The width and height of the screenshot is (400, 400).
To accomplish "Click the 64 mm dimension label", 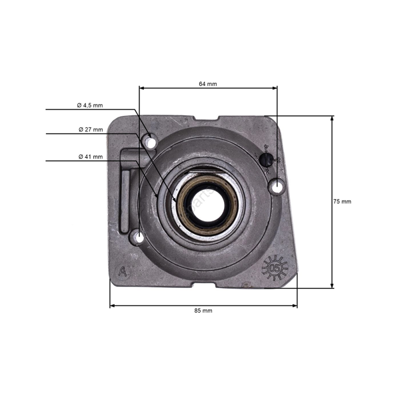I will (x=207, y=85).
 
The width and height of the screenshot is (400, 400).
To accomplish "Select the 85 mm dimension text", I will (x=203, y=311).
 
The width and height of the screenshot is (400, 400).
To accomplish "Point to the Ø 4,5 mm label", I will (x=89, y=105).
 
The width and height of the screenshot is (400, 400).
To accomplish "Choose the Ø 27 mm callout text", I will (x=90, y=129).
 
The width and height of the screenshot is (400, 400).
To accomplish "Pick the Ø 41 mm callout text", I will (x=90, y=157).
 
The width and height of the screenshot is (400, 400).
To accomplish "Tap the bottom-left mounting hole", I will (x=138, y=236).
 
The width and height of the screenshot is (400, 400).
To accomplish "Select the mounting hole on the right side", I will (x=276, y=187).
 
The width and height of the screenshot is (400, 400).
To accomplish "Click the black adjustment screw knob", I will (x=266, y=159).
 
